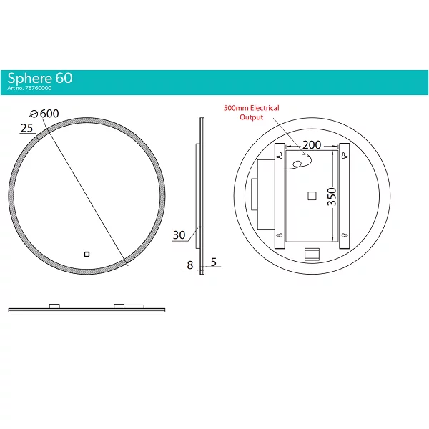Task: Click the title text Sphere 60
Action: [40, 78]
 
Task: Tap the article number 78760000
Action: [39, 88]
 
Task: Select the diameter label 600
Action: [49, 114]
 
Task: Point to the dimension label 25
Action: [27, 128]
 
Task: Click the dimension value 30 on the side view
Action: [179, 235]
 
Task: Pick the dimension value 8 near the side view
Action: [190, 265]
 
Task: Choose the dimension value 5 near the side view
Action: [214, 262]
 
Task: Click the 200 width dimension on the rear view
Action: [312, 145]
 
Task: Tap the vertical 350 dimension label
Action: [332, 197]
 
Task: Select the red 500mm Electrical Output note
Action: [252, 112]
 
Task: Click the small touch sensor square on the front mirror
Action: [87, 255]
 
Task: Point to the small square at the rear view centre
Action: [312, 196]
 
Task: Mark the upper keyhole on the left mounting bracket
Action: [280, 156]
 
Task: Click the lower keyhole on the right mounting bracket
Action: [345, 235]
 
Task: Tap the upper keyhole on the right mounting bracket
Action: [344, 156]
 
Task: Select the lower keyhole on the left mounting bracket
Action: [280, 235]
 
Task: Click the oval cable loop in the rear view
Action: [297, 164]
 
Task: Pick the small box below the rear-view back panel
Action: [312, 254]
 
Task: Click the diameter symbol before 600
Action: [34, 114]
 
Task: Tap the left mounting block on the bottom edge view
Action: [54, 306]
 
